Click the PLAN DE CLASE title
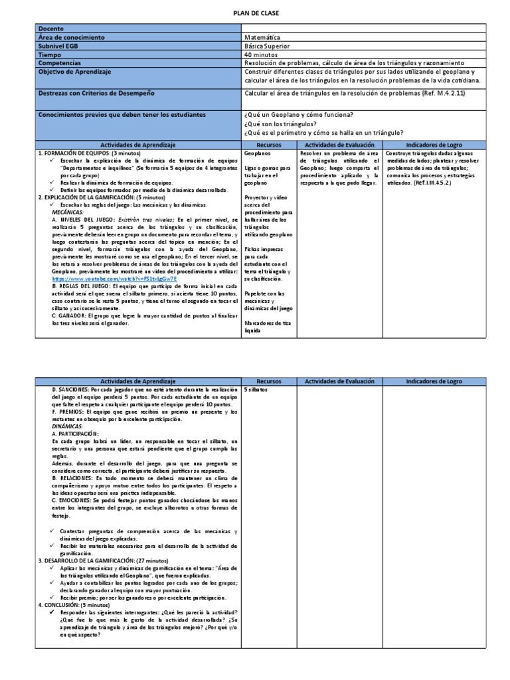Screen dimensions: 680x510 (256, 13)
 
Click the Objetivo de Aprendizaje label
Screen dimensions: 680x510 (75, 71)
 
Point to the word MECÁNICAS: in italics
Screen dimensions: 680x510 (70, 211)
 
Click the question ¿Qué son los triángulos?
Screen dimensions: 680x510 (280, 124)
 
